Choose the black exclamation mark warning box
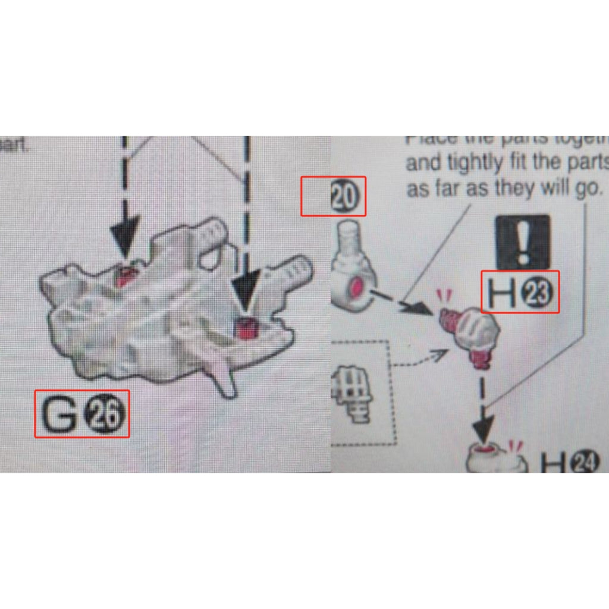point(523,241)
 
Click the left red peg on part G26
point(126,276)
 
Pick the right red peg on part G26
point(243,327)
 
